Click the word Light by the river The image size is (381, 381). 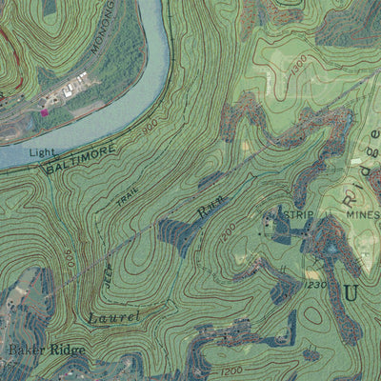[x=42, y=152]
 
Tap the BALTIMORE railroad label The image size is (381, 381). [x=81, y=158]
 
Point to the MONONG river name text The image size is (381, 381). [x=106, y=26]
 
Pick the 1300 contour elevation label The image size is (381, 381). [x=299, y=64]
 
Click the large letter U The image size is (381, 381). [x=351, y=292]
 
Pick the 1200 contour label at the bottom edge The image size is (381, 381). [x=230, y=370]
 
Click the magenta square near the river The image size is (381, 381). [x=44, y=112]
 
